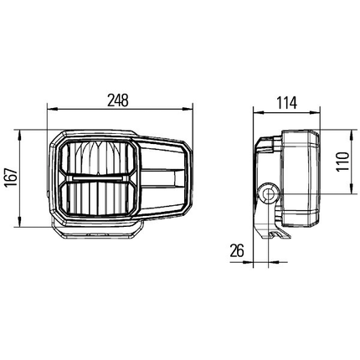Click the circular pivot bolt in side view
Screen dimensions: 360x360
click(268, 195)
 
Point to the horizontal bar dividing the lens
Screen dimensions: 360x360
click(98, 177)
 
